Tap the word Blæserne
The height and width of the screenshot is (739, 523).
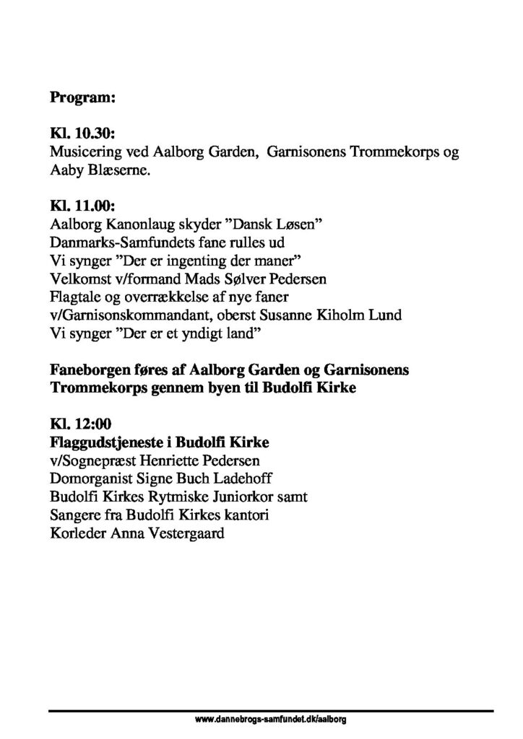(x=116, y=172)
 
